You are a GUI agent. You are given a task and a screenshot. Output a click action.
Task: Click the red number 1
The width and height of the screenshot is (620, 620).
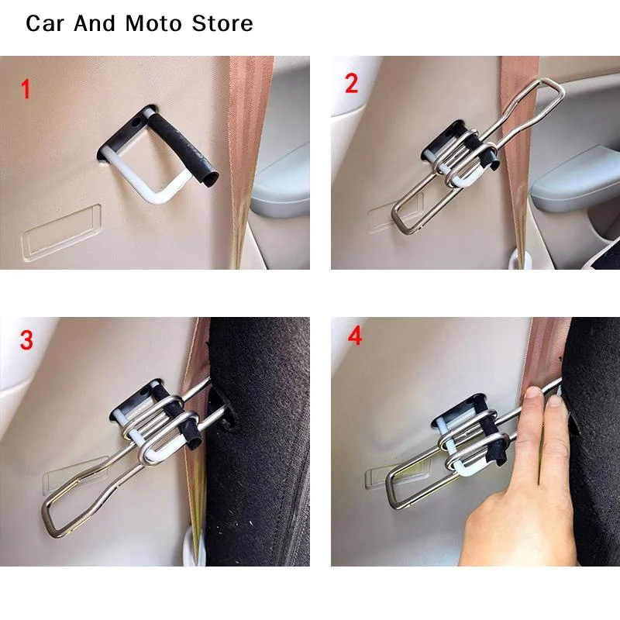click(x=25, y=89)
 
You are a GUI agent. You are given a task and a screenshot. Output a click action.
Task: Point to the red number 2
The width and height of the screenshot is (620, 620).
click(x=352, y=84)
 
